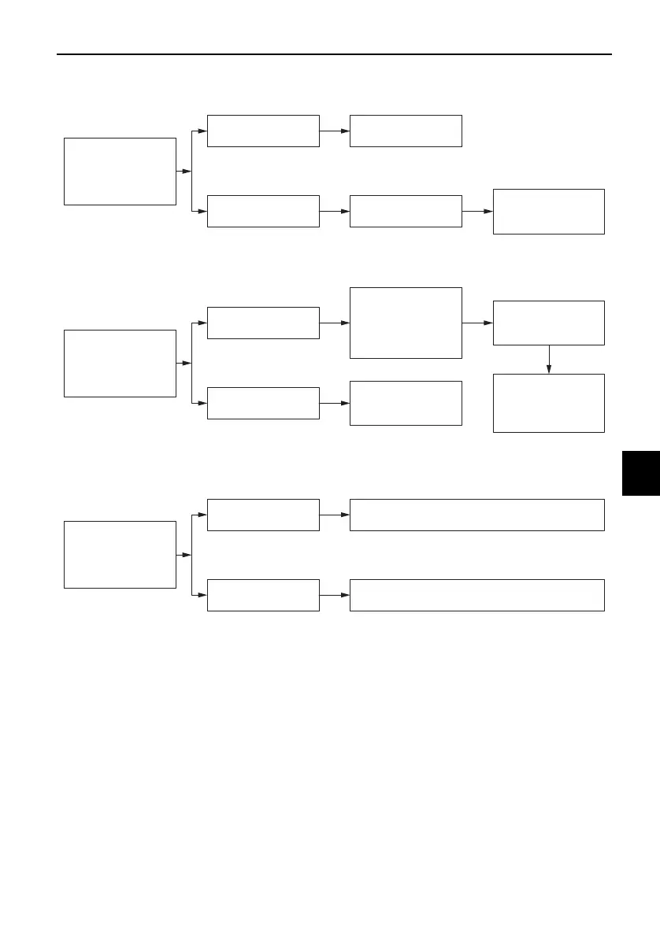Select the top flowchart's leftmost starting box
pyautogui.click(x=120, y=171)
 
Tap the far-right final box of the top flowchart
pyautogui.click(x=549, y=211)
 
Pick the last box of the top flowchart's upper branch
pyautogui.click(x=406, y=131)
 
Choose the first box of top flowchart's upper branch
pyautogui.click(x=263, y=131)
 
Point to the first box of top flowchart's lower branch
pyautogui.click(x=263, y=211)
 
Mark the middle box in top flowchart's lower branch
pyautogui.click(x=406, y=211)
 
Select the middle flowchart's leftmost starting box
pyautogui.click(x=120, y=363)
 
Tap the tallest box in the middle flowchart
pyautogui.click(x=406, y=323)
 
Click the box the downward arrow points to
pyautogui.click(x=549, y=403)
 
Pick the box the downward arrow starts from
pyautogui.click(x=549, y=323)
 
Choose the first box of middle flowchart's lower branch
pyautogui.click(x=263, y=403)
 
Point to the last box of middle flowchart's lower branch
pyautogui.click(x=406, y=403)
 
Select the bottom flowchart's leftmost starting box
pyautogui.click(x=120, y=554)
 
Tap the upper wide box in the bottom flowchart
pyautogui.click(x=477, y=515)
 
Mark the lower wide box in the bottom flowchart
pyautogui.click(x=477, y=595)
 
